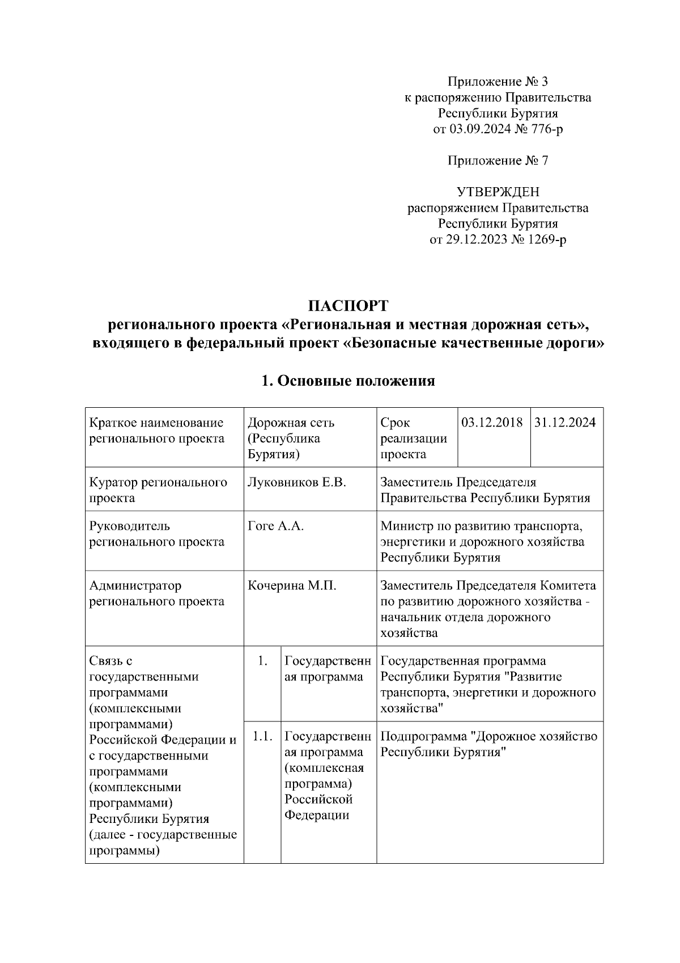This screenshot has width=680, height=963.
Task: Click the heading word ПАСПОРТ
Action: pos(348,306)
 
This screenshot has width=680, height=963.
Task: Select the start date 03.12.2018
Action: pos(492,423)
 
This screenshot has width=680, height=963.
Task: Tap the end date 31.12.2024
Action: pos(564,423)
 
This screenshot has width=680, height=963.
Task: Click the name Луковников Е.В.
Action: pos(297,482)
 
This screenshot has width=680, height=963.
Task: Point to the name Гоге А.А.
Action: pos(276,526)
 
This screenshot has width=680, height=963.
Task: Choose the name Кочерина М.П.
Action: pos(292,585)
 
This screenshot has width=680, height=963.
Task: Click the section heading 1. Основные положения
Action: pos(348,381)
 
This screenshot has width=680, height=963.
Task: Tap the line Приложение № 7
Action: pos(498,160)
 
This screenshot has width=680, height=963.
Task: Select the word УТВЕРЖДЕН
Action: pos(498,192)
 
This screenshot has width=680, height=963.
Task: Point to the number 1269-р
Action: pos(547,239)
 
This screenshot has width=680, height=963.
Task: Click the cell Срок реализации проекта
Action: pos(413,438)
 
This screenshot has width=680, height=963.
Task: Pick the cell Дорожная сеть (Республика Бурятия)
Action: pos(291,438)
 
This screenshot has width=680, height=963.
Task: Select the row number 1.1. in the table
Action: pos(262,736)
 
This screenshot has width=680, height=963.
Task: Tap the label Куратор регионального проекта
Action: pos(158,490)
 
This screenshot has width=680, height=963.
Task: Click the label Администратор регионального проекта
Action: pos(156,593)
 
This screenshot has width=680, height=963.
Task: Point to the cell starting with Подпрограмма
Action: pos(488,744)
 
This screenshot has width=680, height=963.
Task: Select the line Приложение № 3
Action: pos(498,81)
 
